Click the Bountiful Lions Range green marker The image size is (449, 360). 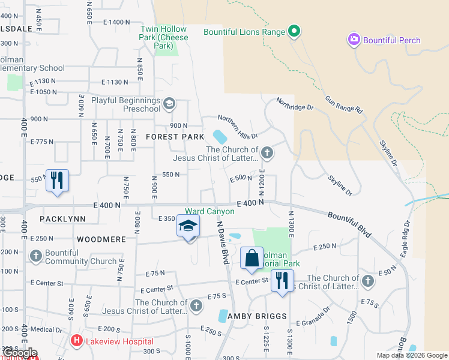(x=294, y=31)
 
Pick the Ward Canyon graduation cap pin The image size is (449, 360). (x=188, y=227)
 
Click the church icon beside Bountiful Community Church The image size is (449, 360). (x=36, y=257)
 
